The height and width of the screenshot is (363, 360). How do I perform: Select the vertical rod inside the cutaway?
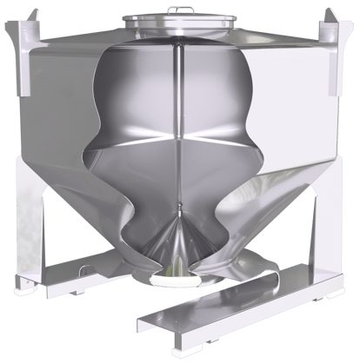click(179, 130)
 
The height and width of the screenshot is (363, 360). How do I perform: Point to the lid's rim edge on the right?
click(230, 21)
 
